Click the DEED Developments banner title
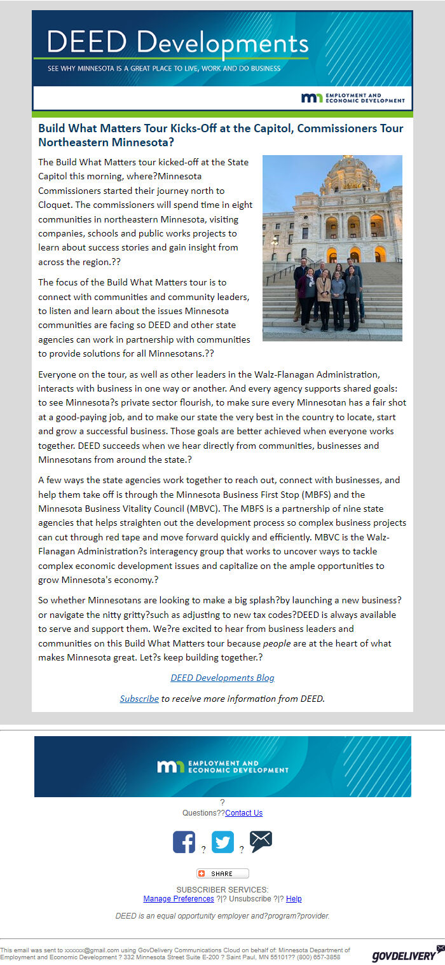point(177,43)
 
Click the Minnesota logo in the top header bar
point(311,98)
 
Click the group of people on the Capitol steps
point(328,293)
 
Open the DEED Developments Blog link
point(222,678)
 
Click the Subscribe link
point(139,699)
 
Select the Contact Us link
point(243,813)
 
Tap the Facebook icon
point(184,842)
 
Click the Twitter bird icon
point(222,842)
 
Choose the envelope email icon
point(261,841)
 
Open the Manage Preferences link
point(179,899)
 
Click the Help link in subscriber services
point(294,899)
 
